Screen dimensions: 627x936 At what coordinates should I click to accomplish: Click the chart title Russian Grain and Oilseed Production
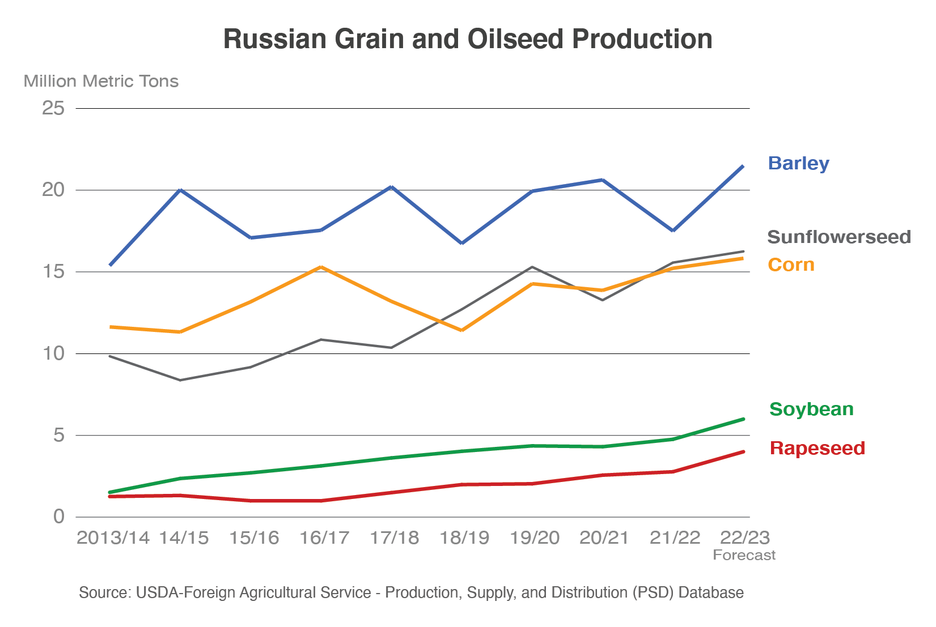tap(468, 39)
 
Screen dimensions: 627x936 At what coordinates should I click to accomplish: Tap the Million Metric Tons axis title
tap(101, 82)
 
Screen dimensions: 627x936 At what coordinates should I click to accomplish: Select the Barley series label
tap(798, 163)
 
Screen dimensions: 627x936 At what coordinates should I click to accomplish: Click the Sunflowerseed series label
tap(838, 237)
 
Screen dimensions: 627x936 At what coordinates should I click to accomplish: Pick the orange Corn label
tap(791, 265)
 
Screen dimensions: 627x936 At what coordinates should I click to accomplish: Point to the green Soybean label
tap(811, 409)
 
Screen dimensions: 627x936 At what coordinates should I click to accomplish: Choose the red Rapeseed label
tap(817, 448)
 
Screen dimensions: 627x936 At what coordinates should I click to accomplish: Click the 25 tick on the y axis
tap(53, 108)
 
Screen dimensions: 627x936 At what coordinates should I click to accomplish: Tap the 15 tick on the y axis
tap(53, 272)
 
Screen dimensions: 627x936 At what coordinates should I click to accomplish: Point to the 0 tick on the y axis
tap(59, 517)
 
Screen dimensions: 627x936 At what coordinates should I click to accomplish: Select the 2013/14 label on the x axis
tap(113, 538)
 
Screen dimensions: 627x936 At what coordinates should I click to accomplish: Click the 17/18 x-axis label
tap(394, 538)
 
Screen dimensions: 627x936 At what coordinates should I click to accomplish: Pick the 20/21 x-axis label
tap(604, 538)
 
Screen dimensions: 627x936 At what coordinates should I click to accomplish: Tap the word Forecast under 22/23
tap(744, 555)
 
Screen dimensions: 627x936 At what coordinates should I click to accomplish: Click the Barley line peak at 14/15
tap(180, 190)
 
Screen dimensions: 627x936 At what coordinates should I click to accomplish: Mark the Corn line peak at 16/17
tap(321, 267)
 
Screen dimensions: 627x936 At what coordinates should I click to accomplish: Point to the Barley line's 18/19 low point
tap(462, 243)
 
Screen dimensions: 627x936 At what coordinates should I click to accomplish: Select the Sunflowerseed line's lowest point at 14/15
tap(180, 380)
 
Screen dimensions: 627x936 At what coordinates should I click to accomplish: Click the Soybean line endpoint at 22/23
tap(743, 419)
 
